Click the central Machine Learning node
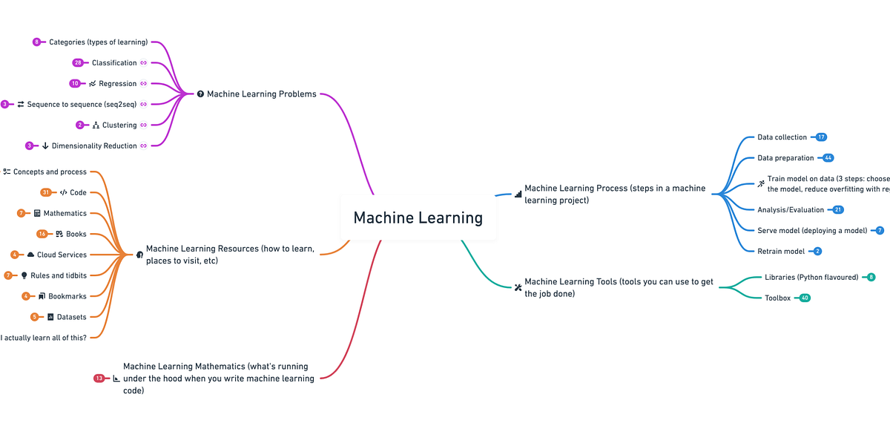pyautogui.click(x=418, y=218)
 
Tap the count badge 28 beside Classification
pyautogui.click(x=78, y=63)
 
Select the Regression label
pyautogui.click(x=118, y=84)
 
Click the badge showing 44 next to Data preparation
pyautogui.click(x=828, y=158)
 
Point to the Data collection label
pyautogui.click(x=782, y=137)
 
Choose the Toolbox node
pyautogui.click(x=777, y=298)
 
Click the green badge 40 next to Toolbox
pyautogui.click(x=804, y=298)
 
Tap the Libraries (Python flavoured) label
pyautogui.click(x=811, y=277)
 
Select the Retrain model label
pyautogui.click(x=781, y=252)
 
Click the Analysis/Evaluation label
pyautogui.click(x=791, y=210)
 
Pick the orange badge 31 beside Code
pyautogui.click(x=46, y=192)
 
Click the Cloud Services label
pyautogui.click(x=62, y=255)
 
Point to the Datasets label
pyautogui.click(x=71, y=317)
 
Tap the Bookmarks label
pyautogui.click(x=67, y=296)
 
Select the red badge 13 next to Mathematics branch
pyautogui.click(x=99, y=379)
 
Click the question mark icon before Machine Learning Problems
pyautogui.click(x=200, y=94)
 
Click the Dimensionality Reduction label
pyautogui.click(x=94, y=146)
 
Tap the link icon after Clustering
pyautogui.click(x=144, y=125)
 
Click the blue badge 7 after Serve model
pyautogui.click(x=880, y=231)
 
